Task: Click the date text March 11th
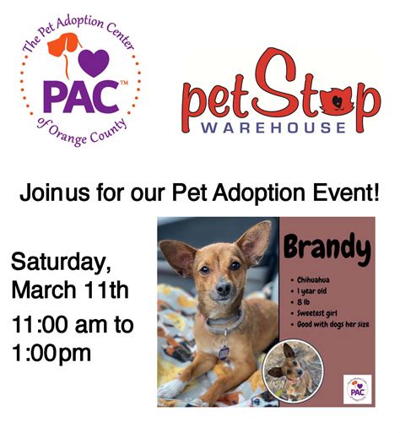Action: [x=69, y=291]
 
